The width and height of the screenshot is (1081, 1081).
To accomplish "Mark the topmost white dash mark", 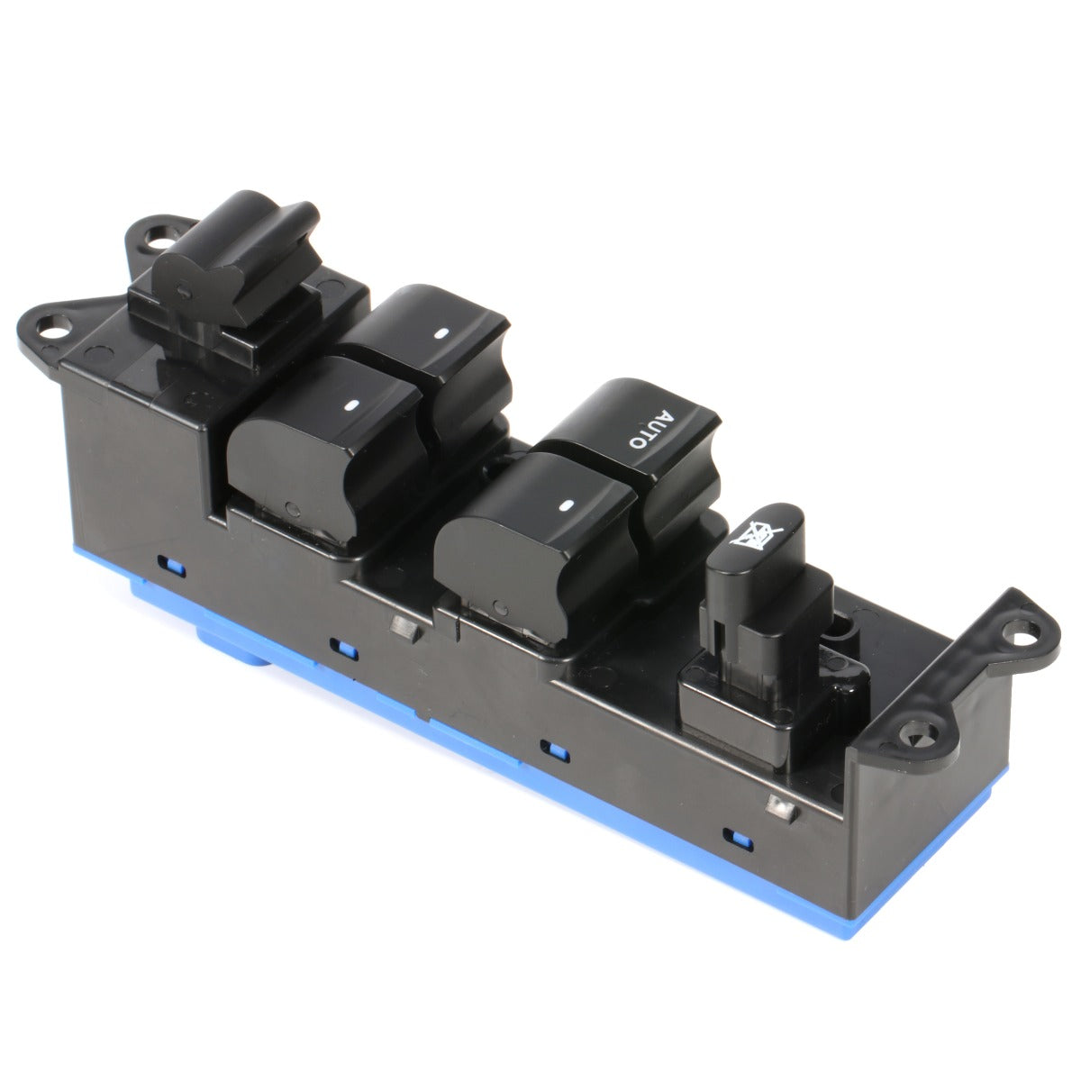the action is coord(441,332).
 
